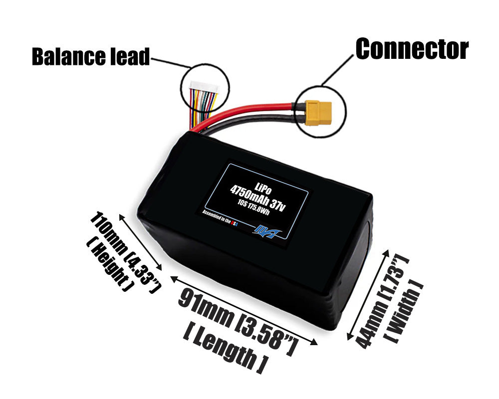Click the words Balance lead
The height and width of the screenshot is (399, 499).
tap(90, 56)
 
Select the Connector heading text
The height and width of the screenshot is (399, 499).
tap(412, 48)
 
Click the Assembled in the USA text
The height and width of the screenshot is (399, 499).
tap(220, 219)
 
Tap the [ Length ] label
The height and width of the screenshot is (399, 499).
tap(225, 349)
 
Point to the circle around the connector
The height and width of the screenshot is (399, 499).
tap(345, 110)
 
